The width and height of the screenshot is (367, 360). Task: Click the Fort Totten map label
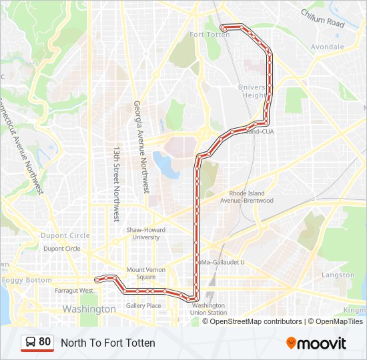tap(210, 35)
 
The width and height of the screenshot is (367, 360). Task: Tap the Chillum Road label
tap(322, 17)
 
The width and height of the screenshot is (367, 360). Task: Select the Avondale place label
tap(327, 47)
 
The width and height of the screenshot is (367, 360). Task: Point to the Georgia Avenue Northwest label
tap(141, 147)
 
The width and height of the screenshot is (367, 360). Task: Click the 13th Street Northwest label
tap(116, 184)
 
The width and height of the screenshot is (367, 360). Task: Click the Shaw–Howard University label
tap(143, 233)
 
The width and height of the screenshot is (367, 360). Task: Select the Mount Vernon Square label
tap(141, 273)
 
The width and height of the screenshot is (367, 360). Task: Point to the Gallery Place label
tap(143, 306)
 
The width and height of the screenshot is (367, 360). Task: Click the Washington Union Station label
tap(208, 309)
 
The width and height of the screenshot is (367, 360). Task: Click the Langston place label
tap(338, 275)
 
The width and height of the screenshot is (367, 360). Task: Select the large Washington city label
tap(89, 309)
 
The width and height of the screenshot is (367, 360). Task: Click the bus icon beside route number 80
tap(30, 343)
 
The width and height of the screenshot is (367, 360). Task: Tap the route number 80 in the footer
tap(45, 342)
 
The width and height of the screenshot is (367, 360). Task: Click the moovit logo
tap(316, 343)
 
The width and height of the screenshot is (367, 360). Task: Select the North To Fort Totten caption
tap(108, 343)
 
